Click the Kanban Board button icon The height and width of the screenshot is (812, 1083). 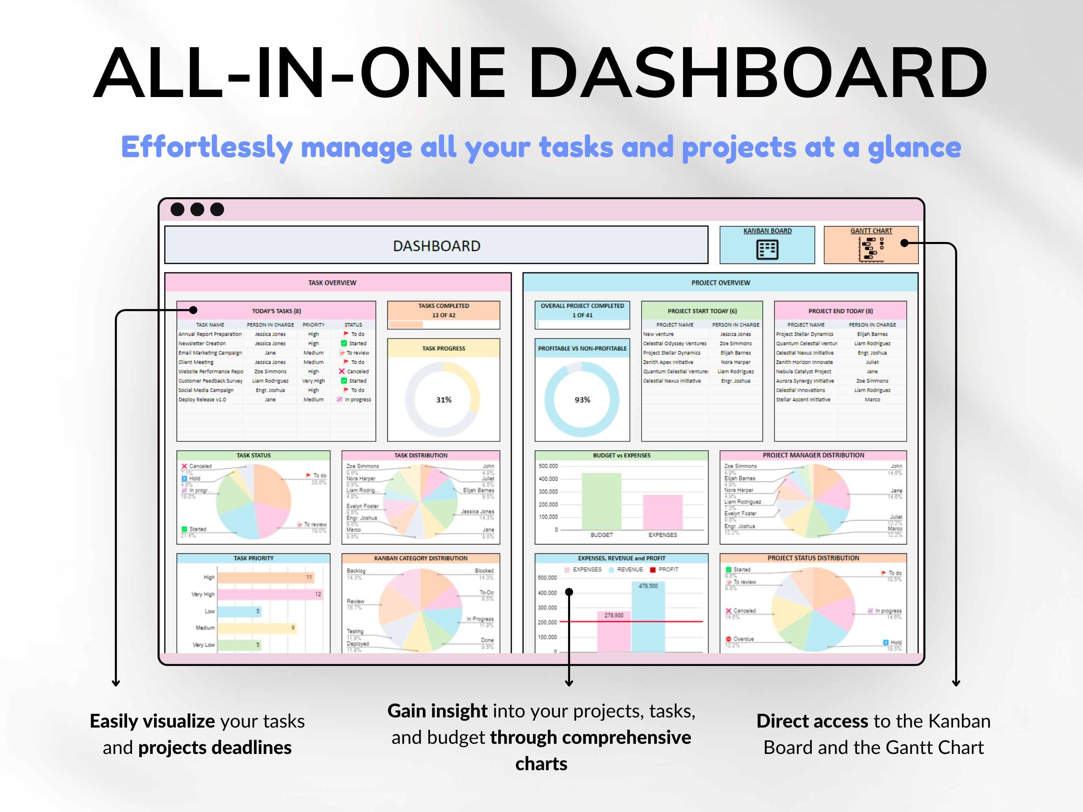pos(767,250)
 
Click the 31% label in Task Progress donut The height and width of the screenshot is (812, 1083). pos(443,400)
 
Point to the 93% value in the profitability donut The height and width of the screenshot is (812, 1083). pos(582,400)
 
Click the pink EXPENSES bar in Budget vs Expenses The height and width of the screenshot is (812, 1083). pos(662,512)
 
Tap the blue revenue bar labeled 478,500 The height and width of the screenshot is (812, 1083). pos(648,617)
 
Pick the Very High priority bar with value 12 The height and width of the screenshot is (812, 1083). pos(269,594)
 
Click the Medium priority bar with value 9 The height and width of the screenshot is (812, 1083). pos(257,628)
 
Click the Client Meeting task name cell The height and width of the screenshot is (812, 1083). pos(196,362)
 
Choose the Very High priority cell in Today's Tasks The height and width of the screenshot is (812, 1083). pos(313,381)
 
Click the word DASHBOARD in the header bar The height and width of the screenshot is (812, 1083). pos(436,246)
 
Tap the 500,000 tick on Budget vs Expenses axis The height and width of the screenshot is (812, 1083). pos(548,466)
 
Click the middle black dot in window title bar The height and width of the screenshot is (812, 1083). pos(197,209)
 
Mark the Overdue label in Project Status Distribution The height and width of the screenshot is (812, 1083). pos(743,639)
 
